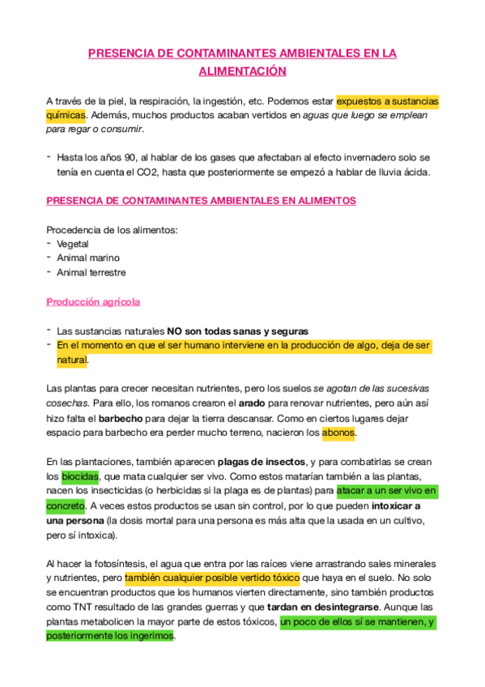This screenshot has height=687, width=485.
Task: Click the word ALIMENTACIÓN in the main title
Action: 243,71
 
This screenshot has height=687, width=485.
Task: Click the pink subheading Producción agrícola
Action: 93,301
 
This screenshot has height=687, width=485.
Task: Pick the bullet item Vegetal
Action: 73,243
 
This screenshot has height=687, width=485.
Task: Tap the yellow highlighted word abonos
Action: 338,433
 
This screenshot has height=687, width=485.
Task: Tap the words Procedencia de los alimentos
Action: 112,229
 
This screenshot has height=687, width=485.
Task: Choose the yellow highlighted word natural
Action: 71,360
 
